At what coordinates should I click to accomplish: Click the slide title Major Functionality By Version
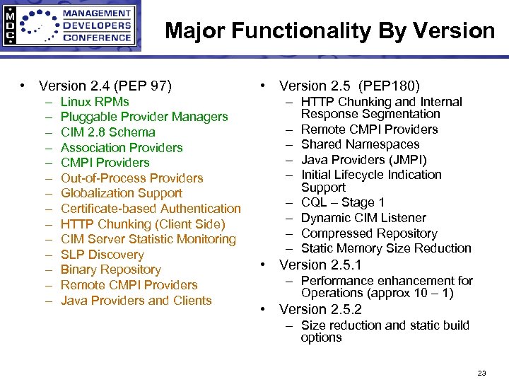[x=329, y=31]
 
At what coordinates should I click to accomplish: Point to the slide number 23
[x=482, y=373]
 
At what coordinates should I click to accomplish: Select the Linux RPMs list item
[x=95, y=102]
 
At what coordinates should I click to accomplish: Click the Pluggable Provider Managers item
[x=144, y=117]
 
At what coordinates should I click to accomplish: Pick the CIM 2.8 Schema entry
[x=107, y=132]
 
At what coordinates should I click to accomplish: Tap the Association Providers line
[x=122, y=147]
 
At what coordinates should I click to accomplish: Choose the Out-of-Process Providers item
[x=131, y=178]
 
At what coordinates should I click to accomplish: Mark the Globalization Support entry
[x=122, y=193]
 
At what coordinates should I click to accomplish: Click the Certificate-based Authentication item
[x=151, y=209]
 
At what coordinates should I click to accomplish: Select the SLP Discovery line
[x=102, y=255]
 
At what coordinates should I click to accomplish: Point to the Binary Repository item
[x=111, y=270]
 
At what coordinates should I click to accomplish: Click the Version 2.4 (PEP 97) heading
[x=105, y=86]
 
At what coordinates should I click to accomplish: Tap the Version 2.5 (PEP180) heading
[x=349, y=86]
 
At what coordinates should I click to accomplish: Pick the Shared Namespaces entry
[x=360, y=144]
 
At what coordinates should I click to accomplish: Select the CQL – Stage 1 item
[x=343, y=203]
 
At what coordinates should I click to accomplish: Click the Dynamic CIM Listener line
[x=363, y=218]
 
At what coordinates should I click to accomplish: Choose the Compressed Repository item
[x=369, y=233]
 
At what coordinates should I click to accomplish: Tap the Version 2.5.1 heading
[x=320, y=265]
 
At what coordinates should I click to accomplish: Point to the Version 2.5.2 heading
[x=320, y=310]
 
